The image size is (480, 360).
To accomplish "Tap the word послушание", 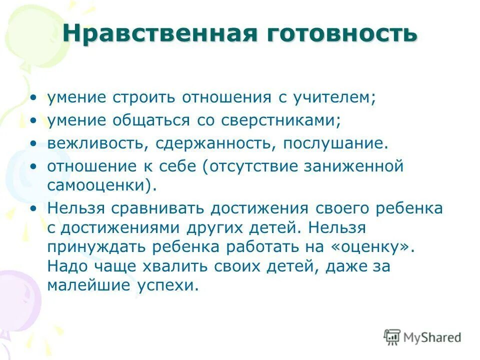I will [x=335, y=143].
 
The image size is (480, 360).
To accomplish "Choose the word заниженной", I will [x=360, y=166].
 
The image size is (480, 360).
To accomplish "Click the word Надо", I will [x=67, y=266].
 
